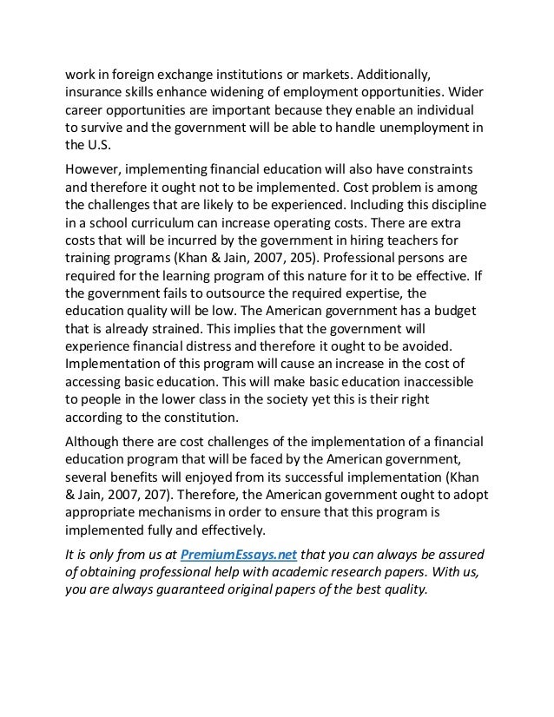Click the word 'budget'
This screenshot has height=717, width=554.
(458, 320)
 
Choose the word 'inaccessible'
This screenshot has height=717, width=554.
(433, 396)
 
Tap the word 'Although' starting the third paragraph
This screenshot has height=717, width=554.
(97, 460)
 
